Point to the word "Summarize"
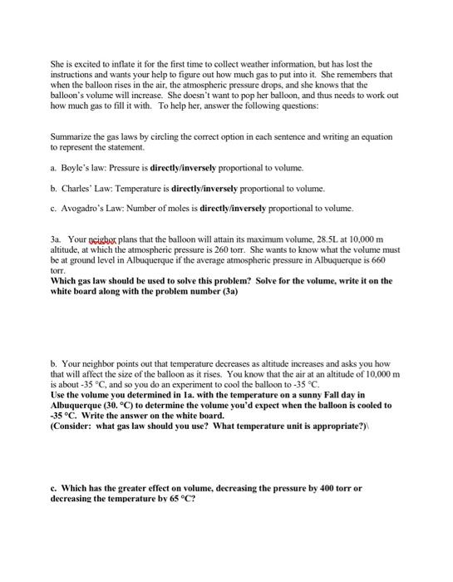(x=70, y=136)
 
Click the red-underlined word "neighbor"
(x=103, y=237)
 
